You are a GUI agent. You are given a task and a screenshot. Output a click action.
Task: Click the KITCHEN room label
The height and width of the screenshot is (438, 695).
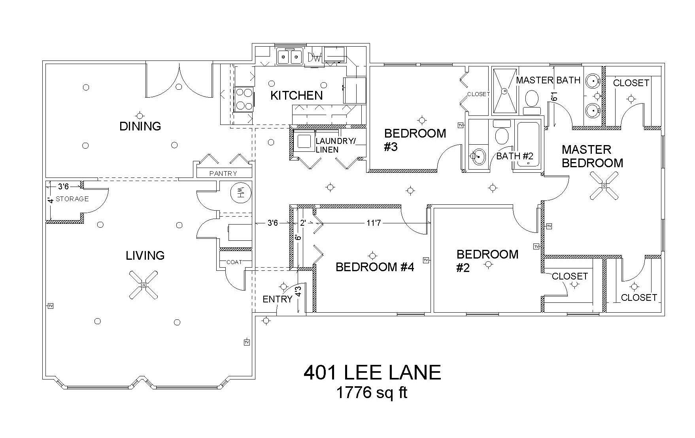point(297,95)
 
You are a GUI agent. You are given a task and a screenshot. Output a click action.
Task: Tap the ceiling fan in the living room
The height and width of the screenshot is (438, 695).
point(144,285)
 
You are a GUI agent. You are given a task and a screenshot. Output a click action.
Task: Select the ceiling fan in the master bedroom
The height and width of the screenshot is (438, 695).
point(604,185)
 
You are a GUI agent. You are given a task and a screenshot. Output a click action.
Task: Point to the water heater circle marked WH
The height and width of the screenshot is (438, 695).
point(241,193)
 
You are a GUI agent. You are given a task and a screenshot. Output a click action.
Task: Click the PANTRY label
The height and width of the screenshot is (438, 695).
point(223,173)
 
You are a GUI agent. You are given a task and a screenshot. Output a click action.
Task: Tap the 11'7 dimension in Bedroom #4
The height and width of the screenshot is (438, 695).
point(374,223)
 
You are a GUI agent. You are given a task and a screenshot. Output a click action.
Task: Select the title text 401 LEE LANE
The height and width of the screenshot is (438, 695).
point(372,372)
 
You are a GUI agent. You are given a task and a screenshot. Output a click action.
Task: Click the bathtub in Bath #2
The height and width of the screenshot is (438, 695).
point(528,144)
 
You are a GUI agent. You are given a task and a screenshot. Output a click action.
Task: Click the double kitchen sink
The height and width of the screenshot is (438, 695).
point(290,57)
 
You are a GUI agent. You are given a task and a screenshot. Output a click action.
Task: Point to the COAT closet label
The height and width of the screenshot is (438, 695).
point(234,262)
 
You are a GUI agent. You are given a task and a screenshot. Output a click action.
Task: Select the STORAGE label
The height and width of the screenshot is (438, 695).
point(72,199)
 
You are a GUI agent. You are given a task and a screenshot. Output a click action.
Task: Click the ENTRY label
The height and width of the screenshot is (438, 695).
point(277,299)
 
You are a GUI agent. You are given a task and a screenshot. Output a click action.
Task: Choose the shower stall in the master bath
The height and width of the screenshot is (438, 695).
point(504,91)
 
